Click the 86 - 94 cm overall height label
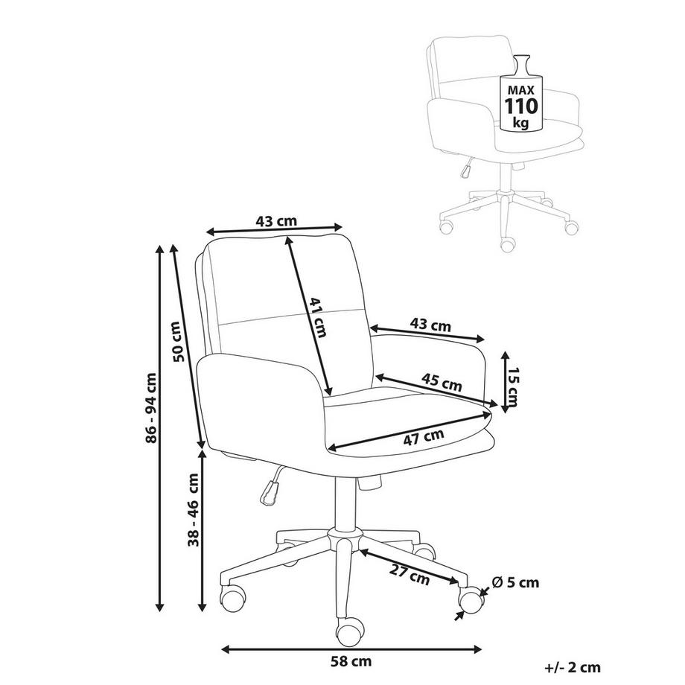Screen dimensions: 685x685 [150, 407]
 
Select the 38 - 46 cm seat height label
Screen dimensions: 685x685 [193, 509]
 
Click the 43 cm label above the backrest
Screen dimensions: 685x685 [276, 221]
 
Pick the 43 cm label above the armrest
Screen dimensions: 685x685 [430, 325]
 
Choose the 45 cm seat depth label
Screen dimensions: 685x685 [442, 382]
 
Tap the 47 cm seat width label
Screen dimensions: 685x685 [424, 437]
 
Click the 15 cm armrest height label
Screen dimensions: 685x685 [514, 386]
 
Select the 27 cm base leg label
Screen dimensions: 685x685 [410, 575]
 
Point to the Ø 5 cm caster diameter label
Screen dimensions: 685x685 [515, 582]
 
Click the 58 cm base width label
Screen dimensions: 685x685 [351, 661]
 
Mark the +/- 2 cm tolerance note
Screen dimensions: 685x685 [573, 667]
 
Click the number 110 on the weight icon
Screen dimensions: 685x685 [522, 106]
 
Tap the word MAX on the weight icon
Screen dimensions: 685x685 [521, 90]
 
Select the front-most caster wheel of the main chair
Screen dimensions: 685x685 [349, 629]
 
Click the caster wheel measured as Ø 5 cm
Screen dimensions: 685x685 [471, 601]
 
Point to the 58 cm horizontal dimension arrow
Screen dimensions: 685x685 [351, 649]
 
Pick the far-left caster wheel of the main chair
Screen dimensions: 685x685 [232, 598]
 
